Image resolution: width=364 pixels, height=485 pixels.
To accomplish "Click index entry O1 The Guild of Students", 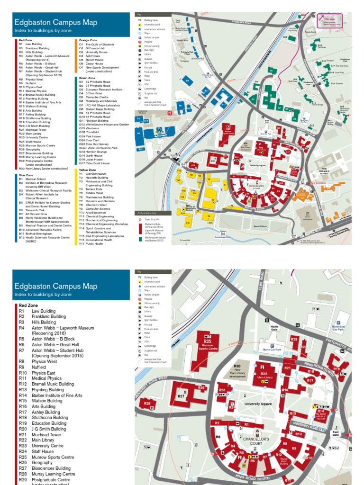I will click(97, 45).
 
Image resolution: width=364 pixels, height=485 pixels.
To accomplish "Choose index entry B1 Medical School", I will click(33, 179).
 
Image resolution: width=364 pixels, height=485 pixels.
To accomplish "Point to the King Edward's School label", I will click(332, 170).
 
